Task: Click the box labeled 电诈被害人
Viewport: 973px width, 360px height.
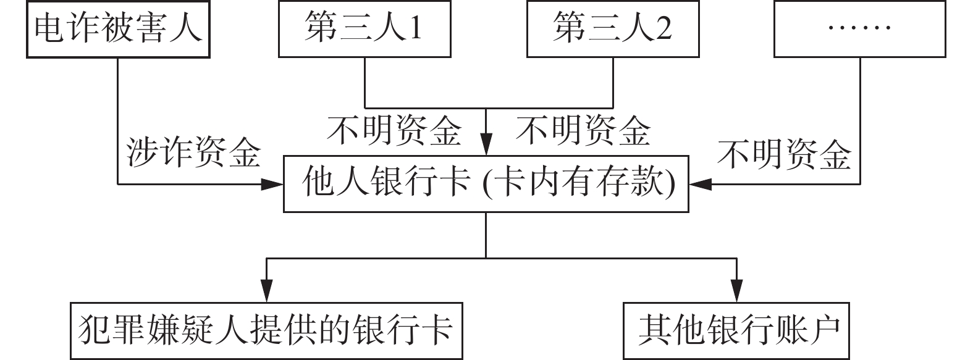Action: coord(118,29)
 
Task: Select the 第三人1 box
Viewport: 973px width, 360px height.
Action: coord(364,29)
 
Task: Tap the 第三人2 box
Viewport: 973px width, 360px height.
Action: coord(612,29)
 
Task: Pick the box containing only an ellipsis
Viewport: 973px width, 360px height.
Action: coord(859,29)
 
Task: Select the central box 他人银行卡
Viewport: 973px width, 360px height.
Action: coord(486,184)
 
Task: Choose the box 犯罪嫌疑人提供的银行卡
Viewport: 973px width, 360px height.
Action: coord(266,330)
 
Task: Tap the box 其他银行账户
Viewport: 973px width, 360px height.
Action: coord(736,330)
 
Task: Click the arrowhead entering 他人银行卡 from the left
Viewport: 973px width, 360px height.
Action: coord(272,183)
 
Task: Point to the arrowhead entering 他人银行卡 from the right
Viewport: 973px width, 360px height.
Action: coord(700,183)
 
